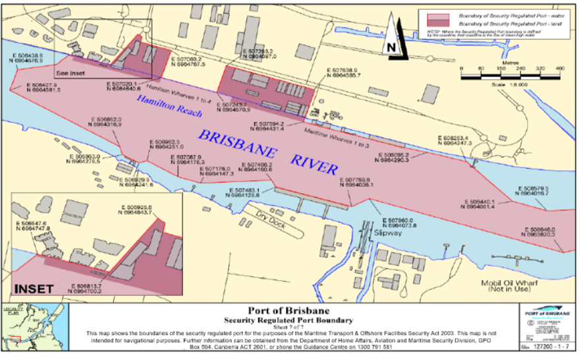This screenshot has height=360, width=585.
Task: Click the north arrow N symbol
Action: pos(392,46)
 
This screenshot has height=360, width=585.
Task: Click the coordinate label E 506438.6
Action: pos(28,56)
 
